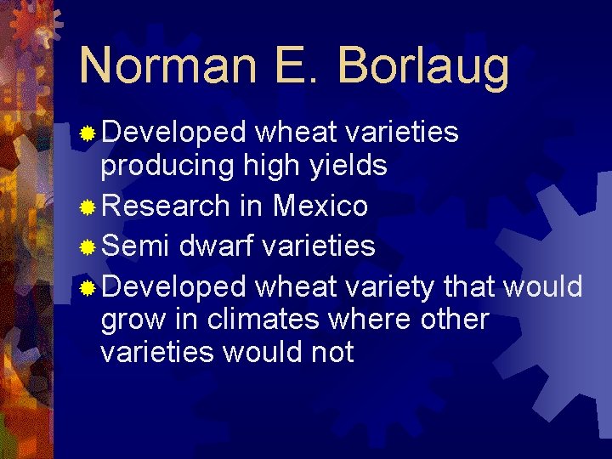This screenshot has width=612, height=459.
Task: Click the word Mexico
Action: pos(320,206)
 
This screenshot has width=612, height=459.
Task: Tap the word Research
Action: pos(166,206)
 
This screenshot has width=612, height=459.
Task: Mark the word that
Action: pos(470,286)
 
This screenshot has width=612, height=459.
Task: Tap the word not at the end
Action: pos(332,352)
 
